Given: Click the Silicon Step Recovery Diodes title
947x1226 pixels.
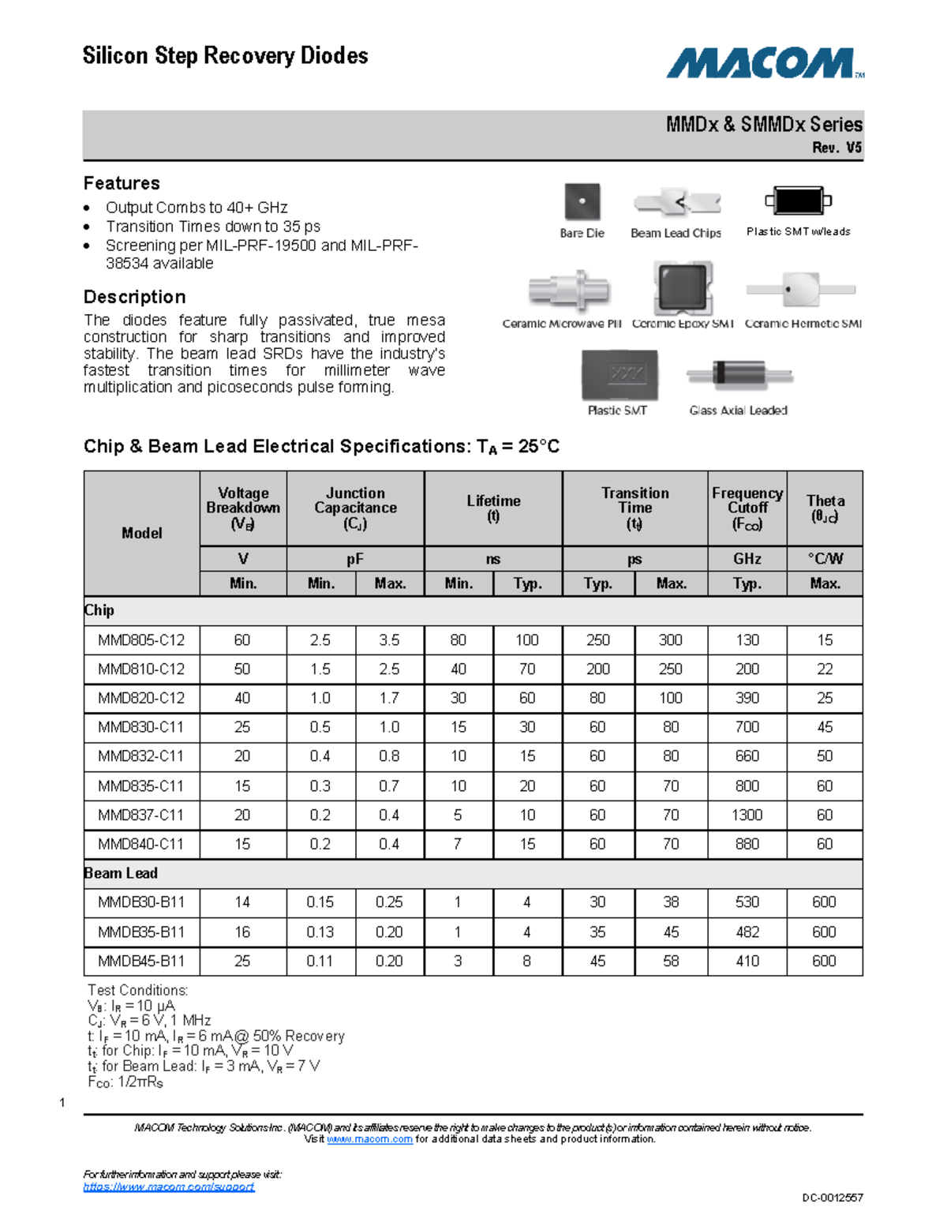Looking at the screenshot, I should click(225, 56).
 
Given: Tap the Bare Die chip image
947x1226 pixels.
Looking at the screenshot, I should click(582, 202).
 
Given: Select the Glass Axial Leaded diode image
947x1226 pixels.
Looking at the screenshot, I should click(739, 376).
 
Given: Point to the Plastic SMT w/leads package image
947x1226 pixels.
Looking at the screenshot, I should click(799, 201).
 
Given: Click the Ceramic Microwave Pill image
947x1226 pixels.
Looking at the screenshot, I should click(569, 290).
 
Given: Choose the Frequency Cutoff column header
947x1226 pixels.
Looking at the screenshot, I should click(747, 508).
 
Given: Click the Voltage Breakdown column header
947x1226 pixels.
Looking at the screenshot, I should click(243, 508).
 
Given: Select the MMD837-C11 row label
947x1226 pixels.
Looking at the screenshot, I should click(141, 815).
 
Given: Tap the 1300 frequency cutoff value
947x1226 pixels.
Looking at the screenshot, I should click(747, 815).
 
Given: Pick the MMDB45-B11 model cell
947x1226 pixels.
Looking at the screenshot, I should click(141, 961).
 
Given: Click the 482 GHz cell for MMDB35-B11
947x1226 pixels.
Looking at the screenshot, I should click(747, 932).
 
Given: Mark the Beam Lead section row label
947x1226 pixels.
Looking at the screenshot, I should click(121, 873).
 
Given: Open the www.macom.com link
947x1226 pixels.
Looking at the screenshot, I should click(369, 1139).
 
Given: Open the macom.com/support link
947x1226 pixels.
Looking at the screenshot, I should click(169, 1187).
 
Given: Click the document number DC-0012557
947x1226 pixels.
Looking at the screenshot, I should click(833, 1198).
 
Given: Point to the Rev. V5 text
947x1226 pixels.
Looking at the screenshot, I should click(837, 148).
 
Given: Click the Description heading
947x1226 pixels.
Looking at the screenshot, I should click(135, 297).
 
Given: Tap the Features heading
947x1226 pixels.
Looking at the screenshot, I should click(122, 183).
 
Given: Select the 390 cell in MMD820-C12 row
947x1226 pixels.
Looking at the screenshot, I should click(747, 698).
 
